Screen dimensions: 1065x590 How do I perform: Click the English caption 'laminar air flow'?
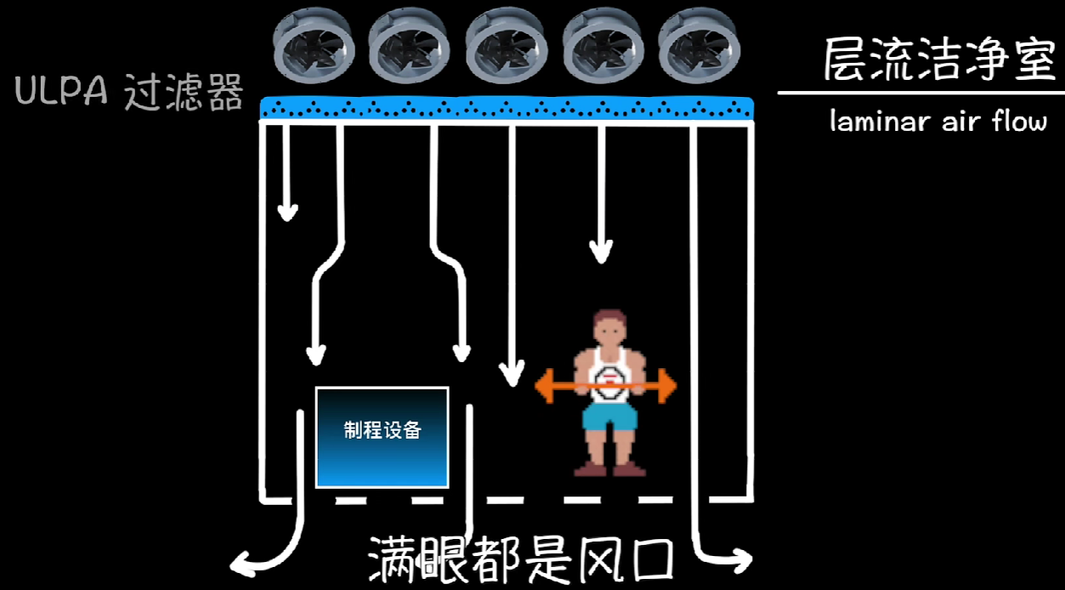[938, 122]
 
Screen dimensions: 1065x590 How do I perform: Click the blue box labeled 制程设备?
[382, 437]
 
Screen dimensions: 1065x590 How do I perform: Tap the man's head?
[610, 328]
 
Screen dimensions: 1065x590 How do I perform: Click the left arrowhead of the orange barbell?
[543, 386]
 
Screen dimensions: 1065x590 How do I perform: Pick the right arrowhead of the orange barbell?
[668, 387]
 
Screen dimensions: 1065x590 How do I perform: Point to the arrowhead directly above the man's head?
[601, 251]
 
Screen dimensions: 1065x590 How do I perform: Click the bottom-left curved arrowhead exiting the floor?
[244, 561]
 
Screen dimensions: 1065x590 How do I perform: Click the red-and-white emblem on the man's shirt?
[609, 379]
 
